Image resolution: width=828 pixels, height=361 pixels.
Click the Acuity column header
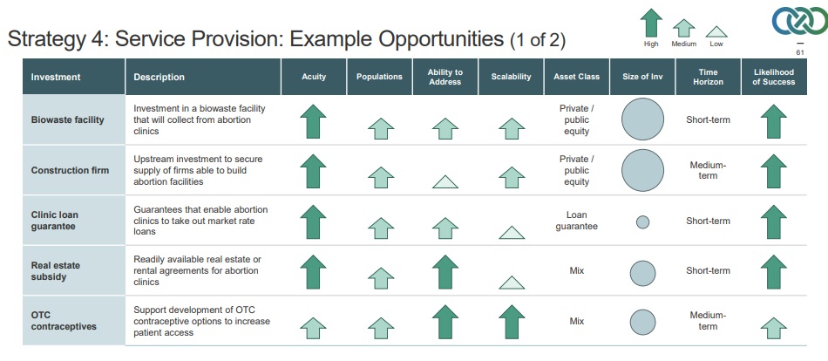click(x=314, y=77)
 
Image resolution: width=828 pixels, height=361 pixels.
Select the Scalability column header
click(x=511, y=77)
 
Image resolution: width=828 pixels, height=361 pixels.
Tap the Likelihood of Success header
click(x=774, y=77)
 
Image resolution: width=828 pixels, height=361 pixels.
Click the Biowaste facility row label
click(x=68, y=119)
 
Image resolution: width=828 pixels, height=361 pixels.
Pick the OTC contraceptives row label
click(x=64, y=321)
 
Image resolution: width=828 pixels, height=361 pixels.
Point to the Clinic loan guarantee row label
click(x=54, y=221)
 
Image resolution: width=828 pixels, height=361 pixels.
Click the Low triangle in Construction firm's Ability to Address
click(x=445, y=182)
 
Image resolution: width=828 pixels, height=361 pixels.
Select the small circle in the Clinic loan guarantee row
click(x=642, y=222)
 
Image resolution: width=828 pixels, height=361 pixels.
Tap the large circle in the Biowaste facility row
click(x=642, y=119)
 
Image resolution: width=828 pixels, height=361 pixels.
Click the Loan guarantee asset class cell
click(x=577, y=221)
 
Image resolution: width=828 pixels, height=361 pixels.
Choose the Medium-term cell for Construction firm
click(x=708, y=170)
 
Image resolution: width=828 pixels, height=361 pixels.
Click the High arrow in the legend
click(x=651, y=23)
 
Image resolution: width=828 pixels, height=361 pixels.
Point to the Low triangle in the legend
click(x=716, y=31)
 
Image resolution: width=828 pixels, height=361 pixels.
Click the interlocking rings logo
click(x=799, y=21)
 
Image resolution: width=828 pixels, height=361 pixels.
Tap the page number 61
click(x=799, y=52)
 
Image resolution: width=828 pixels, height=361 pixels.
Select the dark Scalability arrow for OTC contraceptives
click(x=512, y=322)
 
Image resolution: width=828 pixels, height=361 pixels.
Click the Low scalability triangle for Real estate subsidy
click(x=512, y=283)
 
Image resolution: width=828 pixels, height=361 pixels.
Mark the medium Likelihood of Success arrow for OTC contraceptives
click(x=774, y=328)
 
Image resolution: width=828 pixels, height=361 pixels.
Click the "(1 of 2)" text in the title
click(x=538, y=40)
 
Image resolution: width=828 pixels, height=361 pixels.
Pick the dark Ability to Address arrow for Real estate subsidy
click(x=445, y=272)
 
